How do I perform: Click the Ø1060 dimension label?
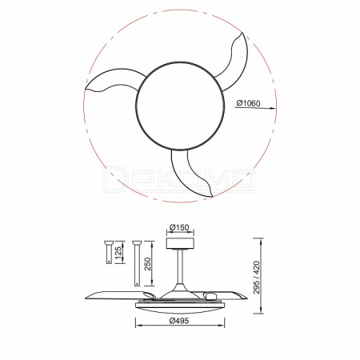click(x=248, y=103)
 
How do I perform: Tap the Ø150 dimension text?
click(x=179, y=227)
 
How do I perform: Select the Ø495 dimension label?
click(x=179, y=320)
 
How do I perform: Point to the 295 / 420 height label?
click(x=256, y=278)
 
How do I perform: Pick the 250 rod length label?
click(x=147, y=264)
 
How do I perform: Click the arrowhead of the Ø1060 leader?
click(x=273, y=108)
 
